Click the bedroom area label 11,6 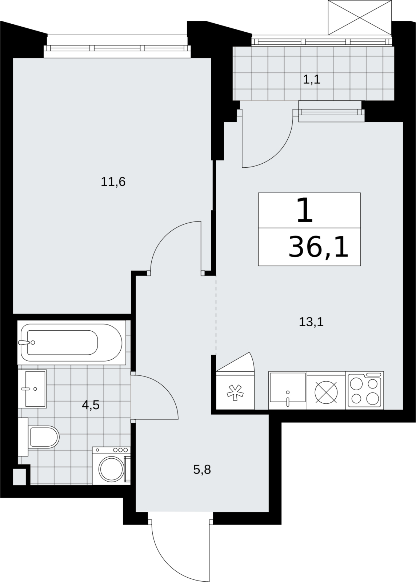(113, 182)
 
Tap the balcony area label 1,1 (312, 79)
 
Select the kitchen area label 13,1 (311, 322)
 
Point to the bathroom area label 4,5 (91, 405)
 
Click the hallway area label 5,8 (202, 470)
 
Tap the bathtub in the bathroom (71, 342)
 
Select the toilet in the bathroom (39, 437)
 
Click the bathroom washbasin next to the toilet (32, 389)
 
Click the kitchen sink (288, 391)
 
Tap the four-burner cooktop (365, 390)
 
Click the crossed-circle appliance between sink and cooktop (326, 392)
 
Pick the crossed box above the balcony (360, 17)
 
